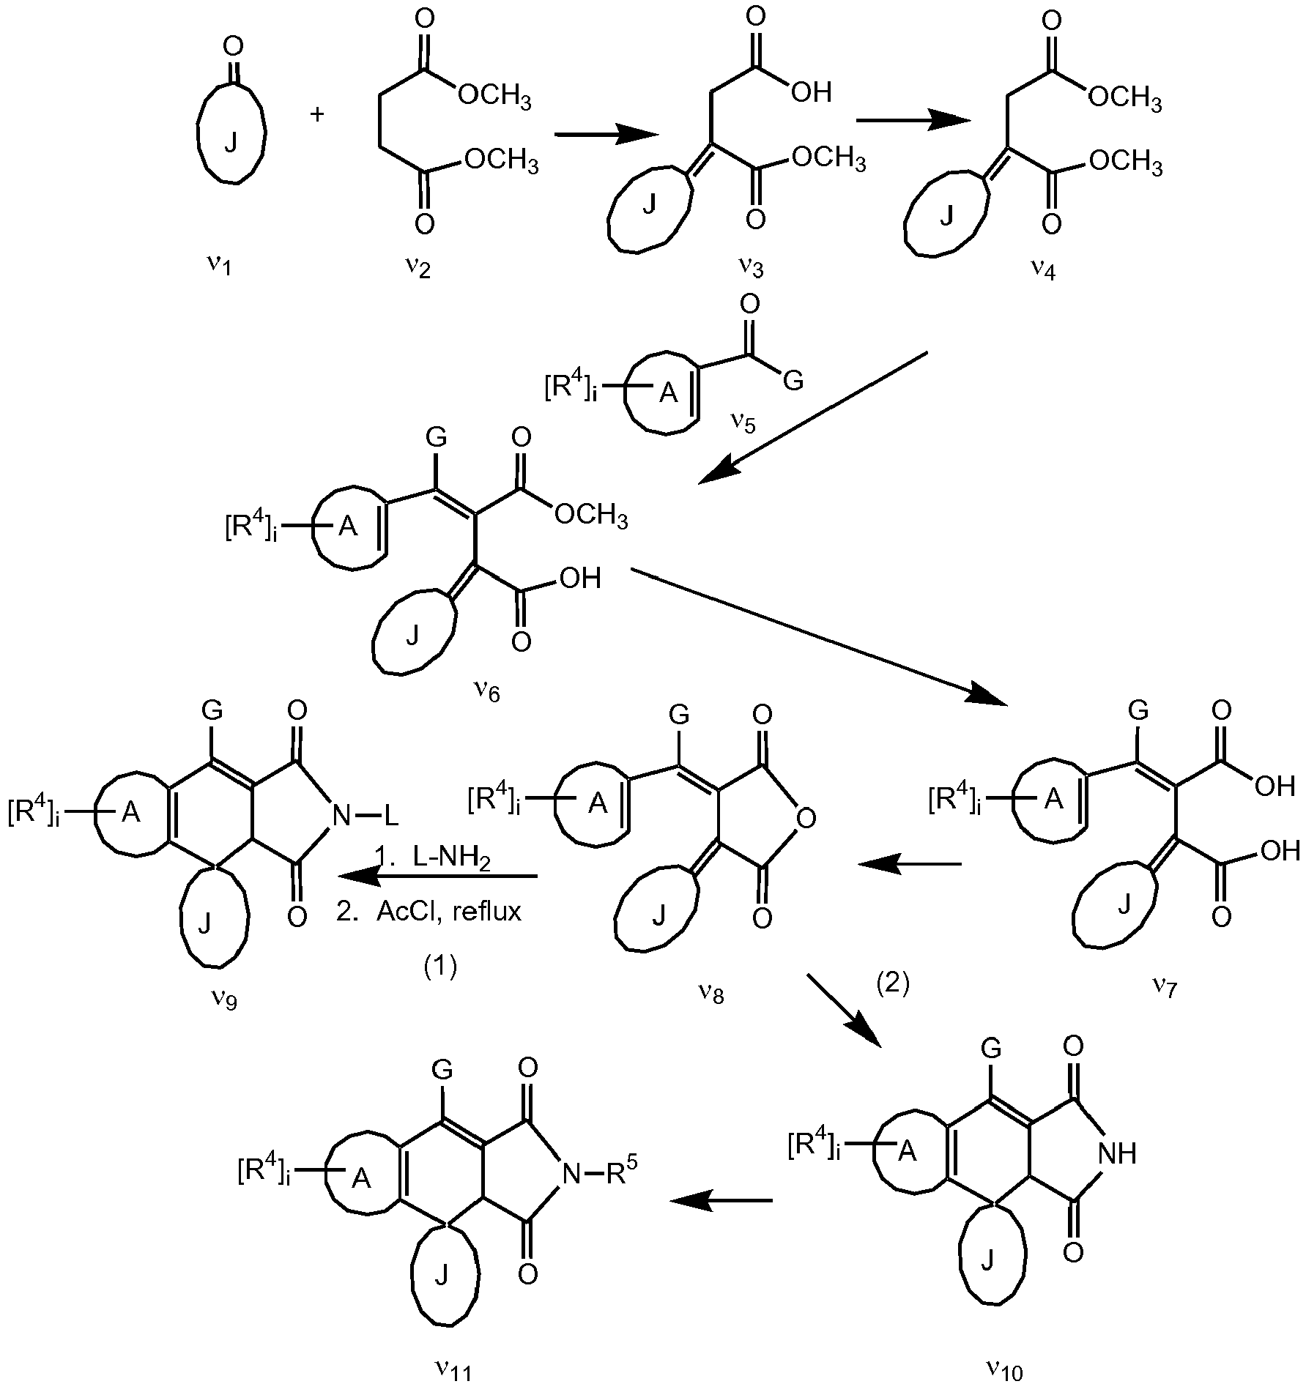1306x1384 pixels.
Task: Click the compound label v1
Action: click(218, 264)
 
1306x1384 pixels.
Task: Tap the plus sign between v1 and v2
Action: click(317, 116)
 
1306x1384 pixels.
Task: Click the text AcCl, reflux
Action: click(448, 912)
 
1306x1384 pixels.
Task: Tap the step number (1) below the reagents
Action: click(440, 967)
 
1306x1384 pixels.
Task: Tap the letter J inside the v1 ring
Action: click(231, 144)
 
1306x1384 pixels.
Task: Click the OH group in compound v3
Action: click(812, 92)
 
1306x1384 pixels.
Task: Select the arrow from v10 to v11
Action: click(721, 1199)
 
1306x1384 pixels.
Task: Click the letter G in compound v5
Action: click(793, 381)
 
